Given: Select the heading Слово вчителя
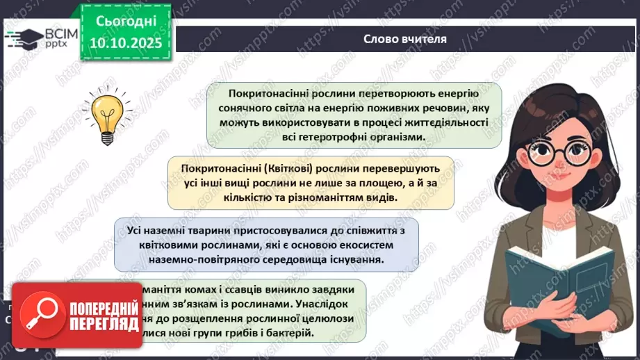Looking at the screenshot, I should pos(405,39).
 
